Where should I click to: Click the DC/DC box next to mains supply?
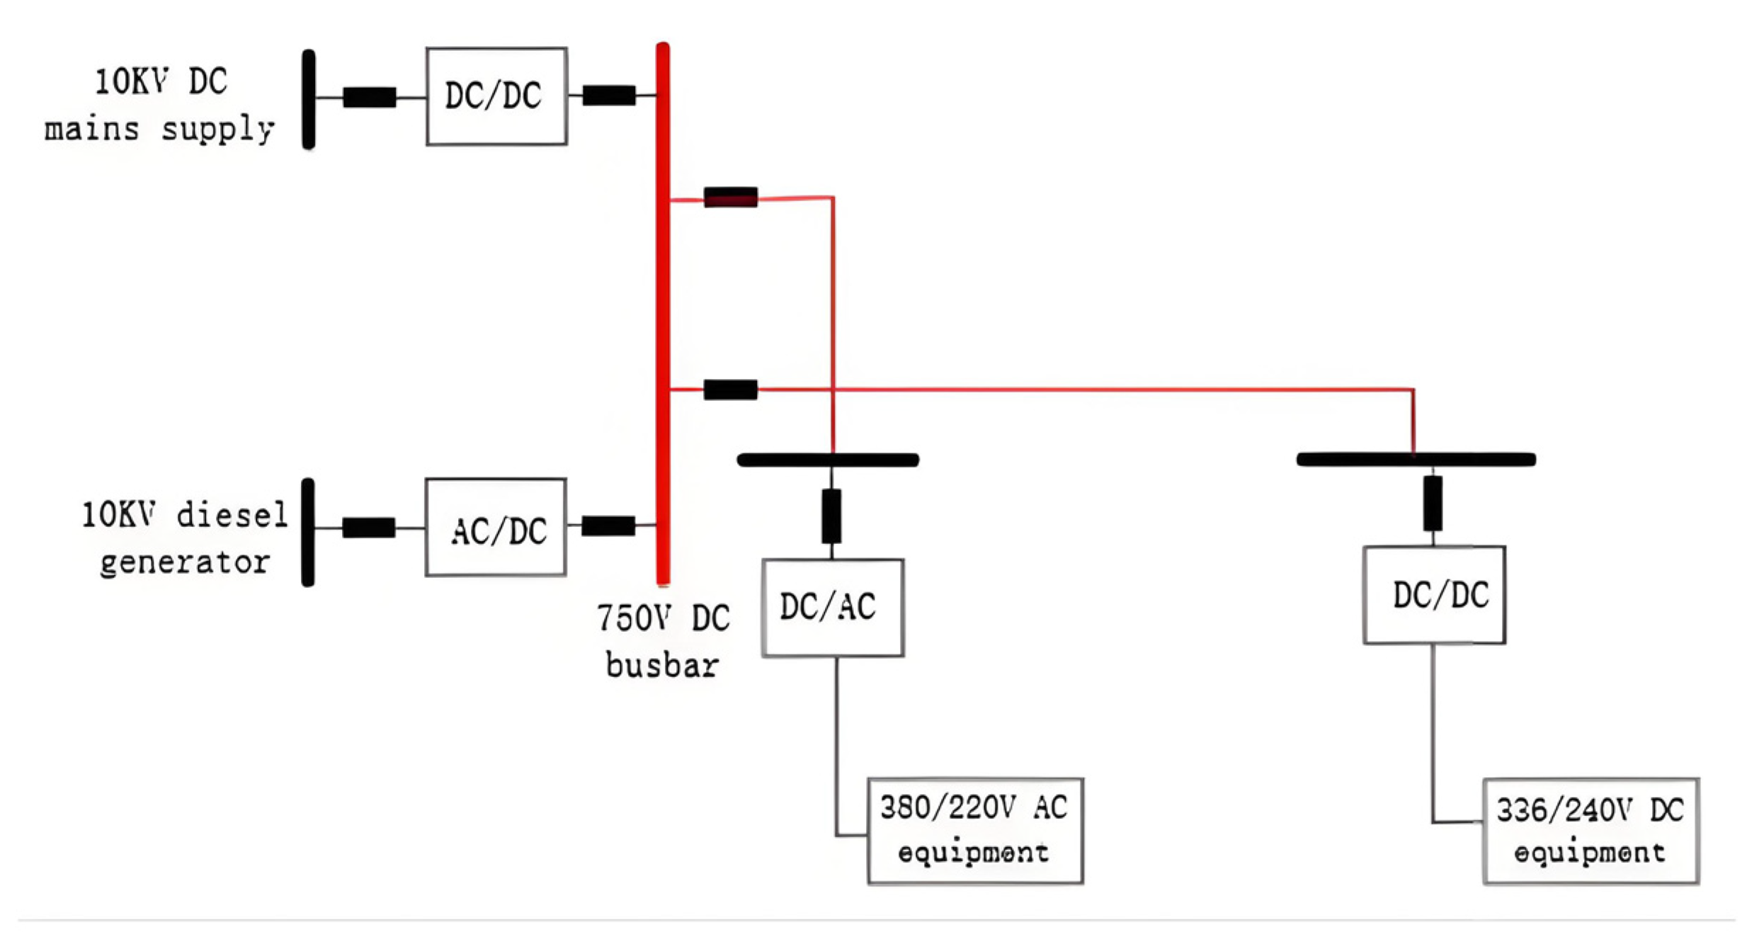coord(496,96)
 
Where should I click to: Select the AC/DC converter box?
coord(495,528)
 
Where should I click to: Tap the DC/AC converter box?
coord(832,608)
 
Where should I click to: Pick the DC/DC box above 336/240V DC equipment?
coord(1434,595)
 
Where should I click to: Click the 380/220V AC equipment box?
coord(974,831)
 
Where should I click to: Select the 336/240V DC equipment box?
coord(1590,831)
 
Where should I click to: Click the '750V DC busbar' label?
coord(663,641)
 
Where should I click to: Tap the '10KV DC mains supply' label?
coord(160,105)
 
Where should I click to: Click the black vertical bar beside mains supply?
coord(309,99)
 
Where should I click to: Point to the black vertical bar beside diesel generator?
coord(308,532)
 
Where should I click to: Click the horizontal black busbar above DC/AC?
coord(828,460)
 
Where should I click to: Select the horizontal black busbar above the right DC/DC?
coord(1416,460)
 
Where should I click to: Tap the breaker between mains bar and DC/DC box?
coord(370,97)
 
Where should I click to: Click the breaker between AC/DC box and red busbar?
coord(608,526)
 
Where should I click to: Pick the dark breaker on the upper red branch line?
coord(731,197)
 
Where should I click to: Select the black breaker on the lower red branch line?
coord(731,390)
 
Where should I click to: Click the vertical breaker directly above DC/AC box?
coord(831,516)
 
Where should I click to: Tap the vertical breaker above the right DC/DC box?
coord(1433,503)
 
